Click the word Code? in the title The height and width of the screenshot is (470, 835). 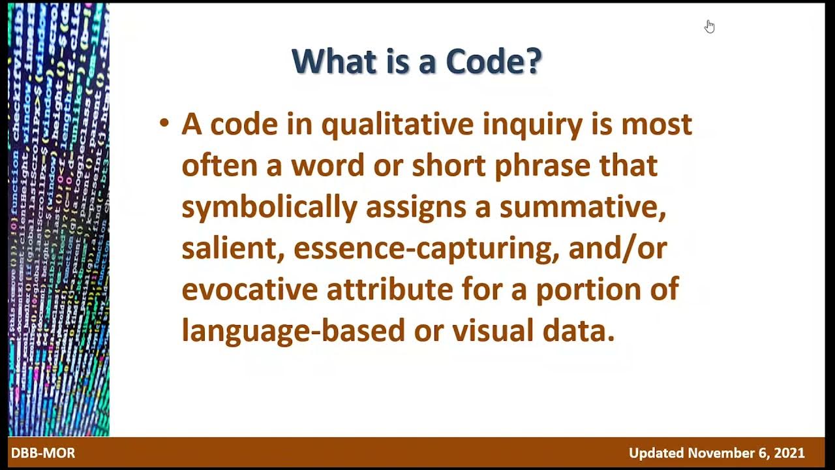493,62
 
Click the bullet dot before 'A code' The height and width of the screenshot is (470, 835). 164,122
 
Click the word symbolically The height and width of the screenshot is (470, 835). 269,208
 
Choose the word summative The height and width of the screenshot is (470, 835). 582,208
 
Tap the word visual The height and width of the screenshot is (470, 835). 493,330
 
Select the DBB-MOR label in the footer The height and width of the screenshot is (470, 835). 43,453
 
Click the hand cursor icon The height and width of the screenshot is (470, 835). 709,26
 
